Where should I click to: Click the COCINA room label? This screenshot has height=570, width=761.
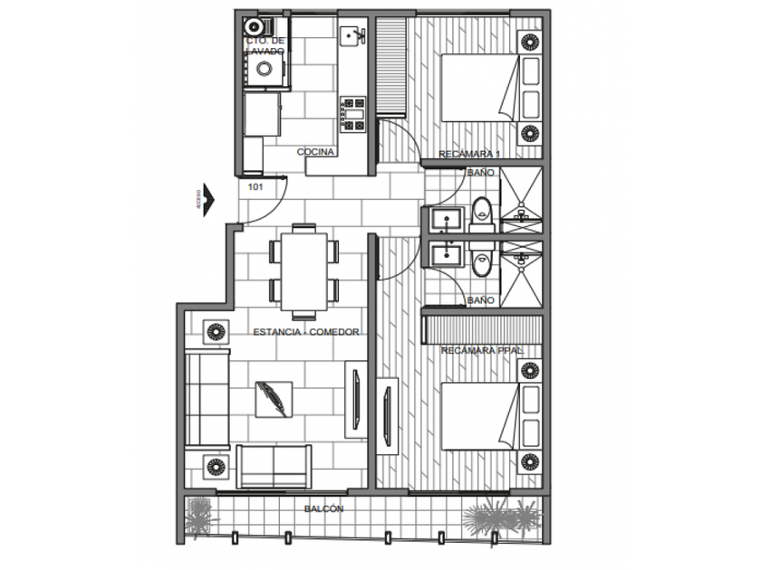(317, 152)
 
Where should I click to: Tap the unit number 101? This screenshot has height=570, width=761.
(255, 188)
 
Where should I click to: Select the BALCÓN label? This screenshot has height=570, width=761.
(323, 509)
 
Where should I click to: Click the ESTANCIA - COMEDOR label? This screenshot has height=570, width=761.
(306, 332)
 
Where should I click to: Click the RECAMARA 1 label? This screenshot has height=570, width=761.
(469, 156)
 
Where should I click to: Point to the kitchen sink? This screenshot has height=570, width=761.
(352, 35)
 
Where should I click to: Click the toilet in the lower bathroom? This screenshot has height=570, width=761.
(482, 263)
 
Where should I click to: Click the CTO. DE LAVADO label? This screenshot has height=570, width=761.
(265, 46)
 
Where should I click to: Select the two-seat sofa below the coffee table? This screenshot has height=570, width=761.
(273, 466)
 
